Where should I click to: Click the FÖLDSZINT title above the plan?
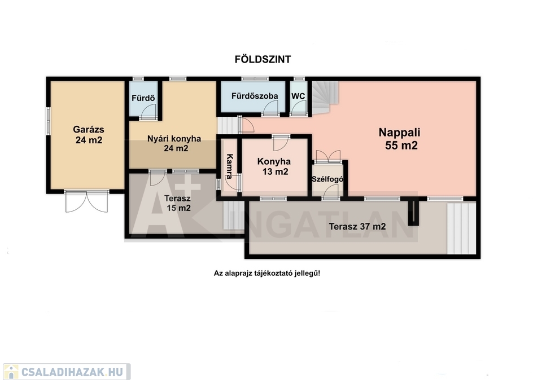tap(263, 59)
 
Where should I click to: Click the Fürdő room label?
tap(143, 98)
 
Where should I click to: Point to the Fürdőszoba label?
tap(255, 96)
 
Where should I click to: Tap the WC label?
tap(298, 96)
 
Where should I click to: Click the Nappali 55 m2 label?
tap(400, 139)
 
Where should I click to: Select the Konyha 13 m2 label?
tap(274, 166)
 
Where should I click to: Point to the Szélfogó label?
tap(327, 179)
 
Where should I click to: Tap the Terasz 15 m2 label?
tap(178, 204)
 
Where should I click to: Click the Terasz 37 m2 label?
tap(357, 227)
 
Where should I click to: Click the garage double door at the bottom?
tap(87, 201)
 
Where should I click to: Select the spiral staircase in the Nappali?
tap(325, 98)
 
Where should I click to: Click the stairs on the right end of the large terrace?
tap(461, 228)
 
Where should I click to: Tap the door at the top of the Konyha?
tap(281, 143)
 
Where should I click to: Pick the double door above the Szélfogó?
tap(328, 156)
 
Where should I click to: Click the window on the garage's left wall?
tap(49, 121)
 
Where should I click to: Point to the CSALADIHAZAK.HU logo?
tap(67, 372)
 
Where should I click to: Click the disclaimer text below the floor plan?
tap(267, 274)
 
